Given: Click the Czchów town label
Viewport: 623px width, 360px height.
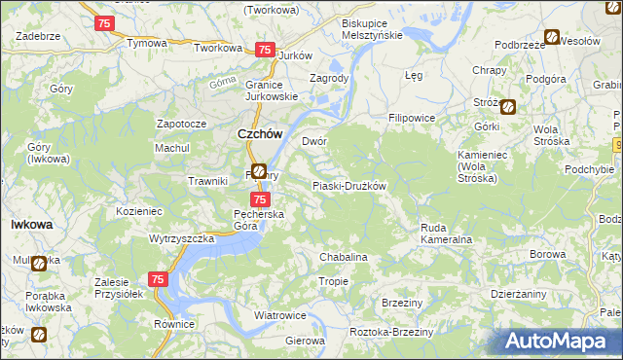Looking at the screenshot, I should tap(259, 135).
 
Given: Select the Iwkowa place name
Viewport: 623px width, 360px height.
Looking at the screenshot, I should tap(31, 224).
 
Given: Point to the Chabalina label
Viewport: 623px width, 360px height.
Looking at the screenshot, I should tap(344, 257).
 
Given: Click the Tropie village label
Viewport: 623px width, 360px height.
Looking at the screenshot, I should tap(334, 281).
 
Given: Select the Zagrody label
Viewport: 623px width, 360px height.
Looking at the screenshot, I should tap(329, 78).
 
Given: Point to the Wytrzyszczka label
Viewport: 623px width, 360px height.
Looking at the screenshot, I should tap(181, 238).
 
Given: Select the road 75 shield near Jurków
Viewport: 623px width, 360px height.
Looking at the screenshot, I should tap(263, 50).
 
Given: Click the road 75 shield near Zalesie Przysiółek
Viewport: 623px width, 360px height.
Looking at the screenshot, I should tap(160, 279).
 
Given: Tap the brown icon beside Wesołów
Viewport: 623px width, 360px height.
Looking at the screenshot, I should tap(552, 38).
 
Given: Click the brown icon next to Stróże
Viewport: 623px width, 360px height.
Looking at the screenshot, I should tap(508, 106).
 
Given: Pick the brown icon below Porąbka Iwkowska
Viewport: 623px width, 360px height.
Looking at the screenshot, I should tap(39, 335).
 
